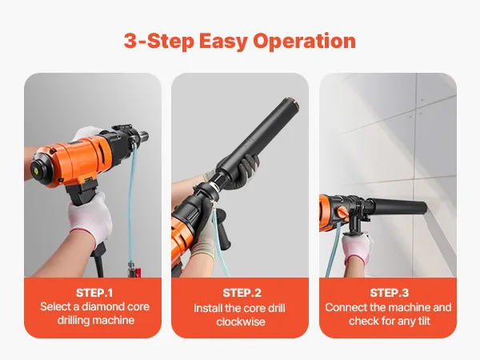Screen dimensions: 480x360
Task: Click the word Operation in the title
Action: coord(304,41)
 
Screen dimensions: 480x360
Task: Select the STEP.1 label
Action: coord(94,293)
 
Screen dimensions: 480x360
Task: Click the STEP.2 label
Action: coord(242,293)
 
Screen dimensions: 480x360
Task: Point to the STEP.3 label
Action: coord(389,293)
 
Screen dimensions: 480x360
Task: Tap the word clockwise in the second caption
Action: coord(241,322)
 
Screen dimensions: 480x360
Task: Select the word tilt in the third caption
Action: coord(426,321)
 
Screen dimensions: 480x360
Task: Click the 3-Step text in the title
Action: coord(158,41)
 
